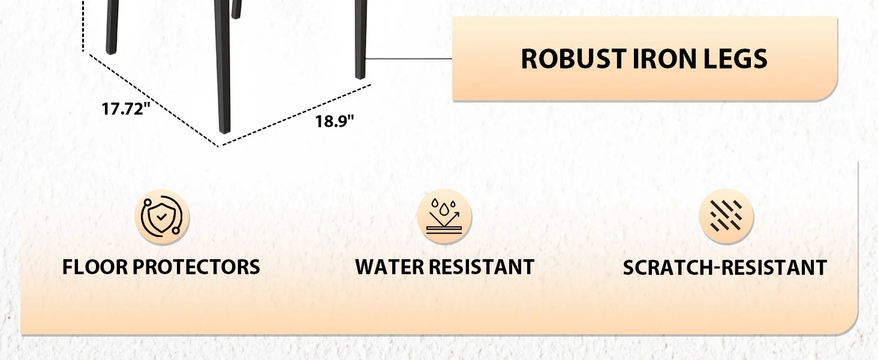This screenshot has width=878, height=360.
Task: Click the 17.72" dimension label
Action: tap(125, 109)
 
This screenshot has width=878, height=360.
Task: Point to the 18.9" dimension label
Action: tap(335, 121)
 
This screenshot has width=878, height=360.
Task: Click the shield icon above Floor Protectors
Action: tap(162, 217)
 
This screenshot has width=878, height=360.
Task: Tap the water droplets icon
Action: tap(444, 217)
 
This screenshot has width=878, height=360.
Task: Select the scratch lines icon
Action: tap(726, 217)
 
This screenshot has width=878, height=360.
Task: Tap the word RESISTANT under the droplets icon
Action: tap(482, 267)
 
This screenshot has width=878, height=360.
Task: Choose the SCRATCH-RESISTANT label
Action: tap(724, 268)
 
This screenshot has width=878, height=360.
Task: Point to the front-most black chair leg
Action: tap(222, 72)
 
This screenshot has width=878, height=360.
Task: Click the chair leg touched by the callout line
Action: tap(360, 42)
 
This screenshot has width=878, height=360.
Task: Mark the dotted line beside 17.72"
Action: tap(153, 99)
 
